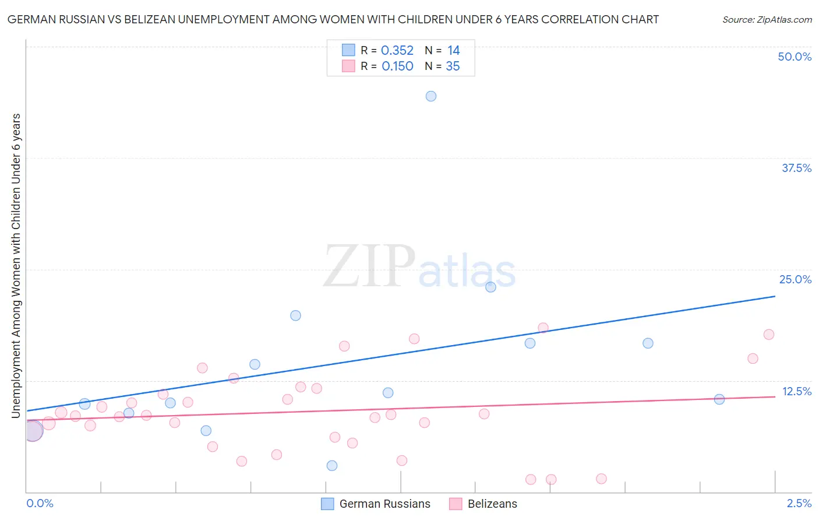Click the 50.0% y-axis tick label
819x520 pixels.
795,57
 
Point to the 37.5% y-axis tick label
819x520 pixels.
796,168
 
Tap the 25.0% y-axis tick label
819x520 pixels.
795,279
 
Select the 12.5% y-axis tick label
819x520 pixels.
796,391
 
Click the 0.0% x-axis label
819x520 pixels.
40,503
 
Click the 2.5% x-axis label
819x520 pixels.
799,503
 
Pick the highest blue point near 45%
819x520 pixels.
431,96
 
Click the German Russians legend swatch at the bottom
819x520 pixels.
327,504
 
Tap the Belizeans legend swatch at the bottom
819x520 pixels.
456,504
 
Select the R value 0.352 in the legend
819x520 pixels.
397,51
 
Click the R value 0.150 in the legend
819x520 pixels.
397,66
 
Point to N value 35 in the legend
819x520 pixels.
453,66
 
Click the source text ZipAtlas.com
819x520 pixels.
767,19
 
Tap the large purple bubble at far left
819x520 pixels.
33,431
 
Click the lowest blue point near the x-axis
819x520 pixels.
332,465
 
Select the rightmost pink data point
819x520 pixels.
769,335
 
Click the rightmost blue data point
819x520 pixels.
719,399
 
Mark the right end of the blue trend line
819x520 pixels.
775,296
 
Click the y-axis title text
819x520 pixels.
16,266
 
